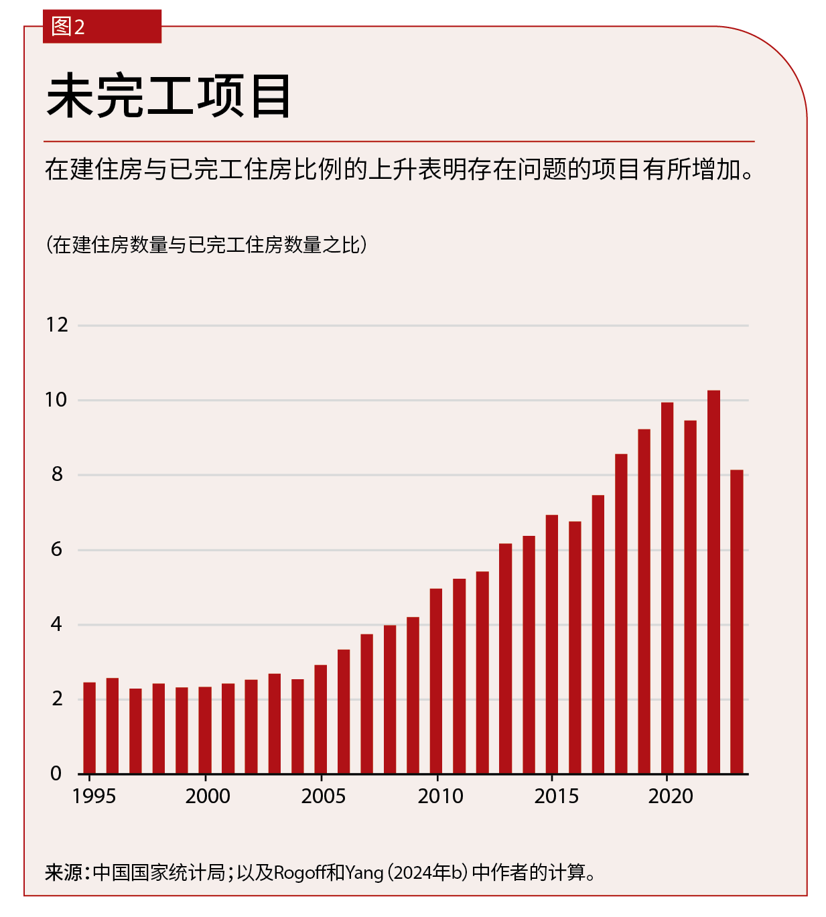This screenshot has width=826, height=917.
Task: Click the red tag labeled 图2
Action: click(102, 27)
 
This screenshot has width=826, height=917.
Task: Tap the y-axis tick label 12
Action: click(57, 326)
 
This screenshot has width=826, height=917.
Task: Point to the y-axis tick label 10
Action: click(56, 401)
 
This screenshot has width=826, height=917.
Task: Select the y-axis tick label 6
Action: click(56, 550)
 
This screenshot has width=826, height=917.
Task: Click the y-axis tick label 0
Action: click(56, 774)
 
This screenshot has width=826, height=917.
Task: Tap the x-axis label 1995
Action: click(94, 796)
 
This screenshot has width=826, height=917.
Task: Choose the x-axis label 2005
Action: click(324, 796)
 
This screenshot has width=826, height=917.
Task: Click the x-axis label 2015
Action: click(556, 796)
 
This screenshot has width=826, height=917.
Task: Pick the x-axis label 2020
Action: click(671, 796)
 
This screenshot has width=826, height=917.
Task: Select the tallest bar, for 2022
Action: click(713, 582)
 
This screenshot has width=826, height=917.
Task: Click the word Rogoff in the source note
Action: click(301, 873)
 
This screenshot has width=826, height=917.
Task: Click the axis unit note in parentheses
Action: click(206, 245)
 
